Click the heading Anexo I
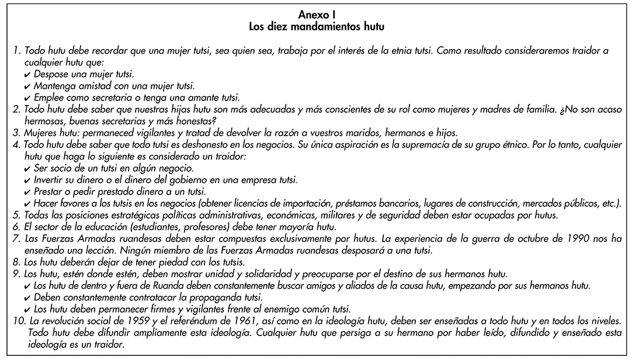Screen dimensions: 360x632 pos(316,15)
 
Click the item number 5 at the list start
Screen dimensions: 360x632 pos(16,214)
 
